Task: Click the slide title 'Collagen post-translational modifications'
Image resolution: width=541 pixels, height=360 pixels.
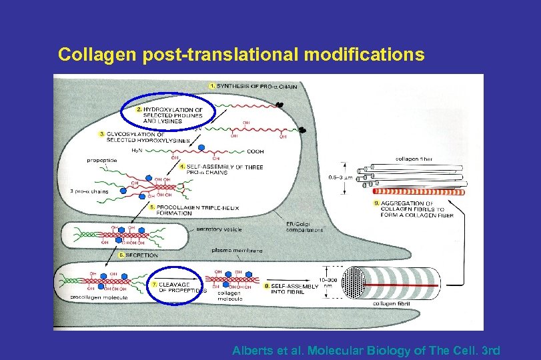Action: (x=240, y=54)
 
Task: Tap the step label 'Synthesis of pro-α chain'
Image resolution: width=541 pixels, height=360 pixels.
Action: (x=253, y=87)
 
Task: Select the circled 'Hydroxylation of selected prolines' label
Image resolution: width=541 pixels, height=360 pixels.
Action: (x=169, y=115)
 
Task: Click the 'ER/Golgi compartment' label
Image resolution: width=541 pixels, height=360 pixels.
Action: (x=304, y=227)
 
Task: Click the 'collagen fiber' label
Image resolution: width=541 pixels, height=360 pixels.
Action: (x=414, y=159)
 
